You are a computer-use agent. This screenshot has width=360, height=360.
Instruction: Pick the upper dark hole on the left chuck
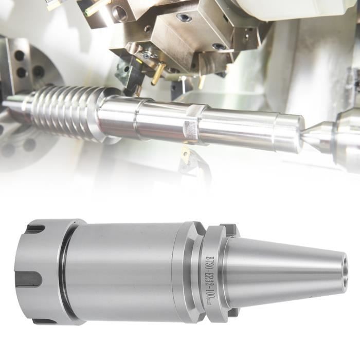(20, 55)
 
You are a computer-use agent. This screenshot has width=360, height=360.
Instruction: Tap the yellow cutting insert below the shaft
(185, 154)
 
